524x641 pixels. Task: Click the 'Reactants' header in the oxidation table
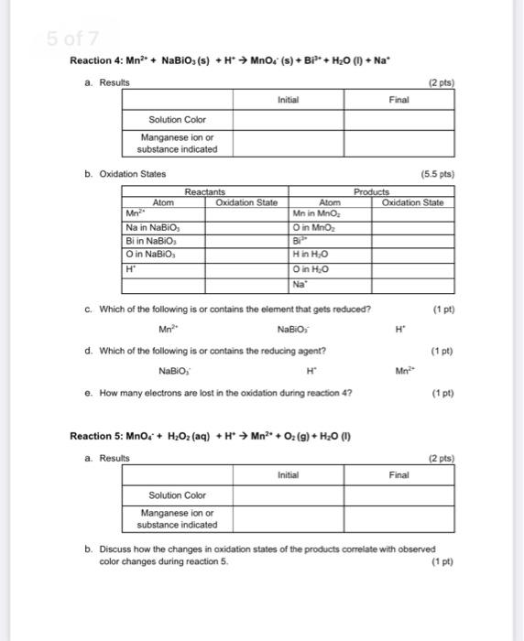pyautogui.click(x=207, y=191)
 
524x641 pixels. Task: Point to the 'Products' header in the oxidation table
pyautogui.click(x=372, y=191)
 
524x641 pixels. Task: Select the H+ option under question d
pyautogui.click(x=311, y=371)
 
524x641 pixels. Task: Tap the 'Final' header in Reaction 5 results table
pyautogui.click(x=399, y=474)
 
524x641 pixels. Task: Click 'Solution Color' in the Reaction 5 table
pyautogui.click(x=177, y=494)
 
